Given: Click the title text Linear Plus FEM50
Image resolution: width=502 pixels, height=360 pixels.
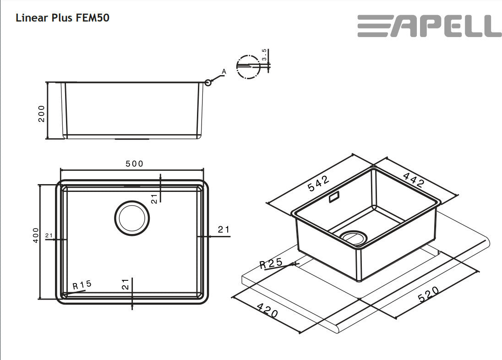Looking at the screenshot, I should pos(62,18).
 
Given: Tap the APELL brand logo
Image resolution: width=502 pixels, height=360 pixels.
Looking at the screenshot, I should pos(429,26).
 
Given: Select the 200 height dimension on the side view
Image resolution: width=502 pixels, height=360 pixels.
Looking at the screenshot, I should pos(42,113).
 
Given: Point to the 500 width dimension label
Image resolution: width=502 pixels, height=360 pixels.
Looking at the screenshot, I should pos(134,164).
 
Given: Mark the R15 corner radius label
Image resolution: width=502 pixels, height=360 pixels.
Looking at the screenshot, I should pos(82,285).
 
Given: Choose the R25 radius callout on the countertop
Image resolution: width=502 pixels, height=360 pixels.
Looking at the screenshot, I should pos(270,264).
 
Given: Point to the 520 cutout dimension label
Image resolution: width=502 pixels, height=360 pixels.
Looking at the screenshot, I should pos(429,295).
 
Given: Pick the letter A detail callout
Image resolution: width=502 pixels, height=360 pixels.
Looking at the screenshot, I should pos(224,71).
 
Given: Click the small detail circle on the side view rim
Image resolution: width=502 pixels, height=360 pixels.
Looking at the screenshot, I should pos(208,82).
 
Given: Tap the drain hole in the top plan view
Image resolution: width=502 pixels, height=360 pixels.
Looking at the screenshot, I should pos(131,218).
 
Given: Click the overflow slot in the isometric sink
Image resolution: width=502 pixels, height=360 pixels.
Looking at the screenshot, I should pos(334,197).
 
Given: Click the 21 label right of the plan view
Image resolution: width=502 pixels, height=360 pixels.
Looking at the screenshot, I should pos(224,229).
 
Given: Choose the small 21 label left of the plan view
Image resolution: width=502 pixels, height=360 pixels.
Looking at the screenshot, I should pos(49,235).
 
